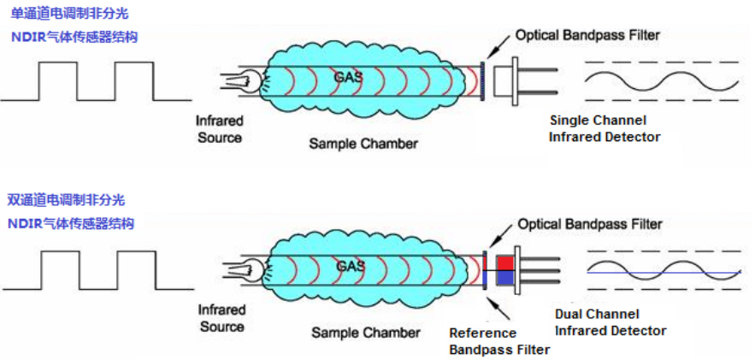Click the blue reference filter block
pyautogui.click(x=504, y=277)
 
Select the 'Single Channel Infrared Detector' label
pyautogui.click(x=605, y=128)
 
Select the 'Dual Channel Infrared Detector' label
pyautogui.click(x=610, y=322)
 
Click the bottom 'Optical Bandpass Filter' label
pyautogui.click(x=590, y=224)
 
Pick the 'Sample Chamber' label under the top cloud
pyautogui.click(x=363, y=144)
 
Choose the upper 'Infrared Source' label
pyautogui.click(x=220, y=129)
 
